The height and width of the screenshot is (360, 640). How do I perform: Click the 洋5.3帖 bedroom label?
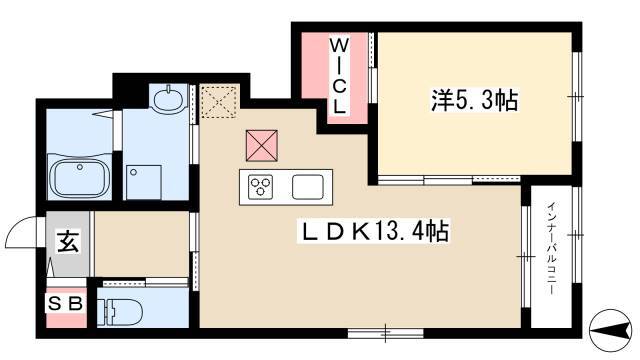[474, 100]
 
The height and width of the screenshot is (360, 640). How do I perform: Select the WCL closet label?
[339, 76]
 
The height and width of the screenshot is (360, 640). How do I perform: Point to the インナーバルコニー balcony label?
[552, 248]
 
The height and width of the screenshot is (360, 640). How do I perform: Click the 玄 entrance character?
[68, 241]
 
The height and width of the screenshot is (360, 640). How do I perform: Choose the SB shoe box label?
[66, 304]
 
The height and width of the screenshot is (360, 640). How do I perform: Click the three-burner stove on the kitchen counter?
[261, 187]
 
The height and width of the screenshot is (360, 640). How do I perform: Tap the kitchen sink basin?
[308, 187]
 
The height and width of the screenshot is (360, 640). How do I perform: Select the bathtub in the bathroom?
[80, 176]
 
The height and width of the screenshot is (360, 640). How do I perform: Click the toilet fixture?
[119, 312]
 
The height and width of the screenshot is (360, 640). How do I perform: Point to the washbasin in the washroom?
[168, 99]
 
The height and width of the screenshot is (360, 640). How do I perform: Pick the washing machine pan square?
[144, 182]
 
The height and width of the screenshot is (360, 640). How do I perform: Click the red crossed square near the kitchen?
[262, 145]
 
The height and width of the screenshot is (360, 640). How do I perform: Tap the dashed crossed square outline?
[220, 102]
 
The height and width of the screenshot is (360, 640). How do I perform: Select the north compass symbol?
[611, 330]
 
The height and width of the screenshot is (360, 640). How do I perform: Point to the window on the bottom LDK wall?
[385, 333]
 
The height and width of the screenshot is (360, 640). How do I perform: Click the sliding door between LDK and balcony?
[526, 256]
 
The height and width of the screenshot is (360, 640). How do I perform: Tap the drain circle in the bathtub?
[80, 167]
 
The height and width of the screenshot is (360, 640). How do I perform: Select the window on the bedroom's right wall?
[576, 97]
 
